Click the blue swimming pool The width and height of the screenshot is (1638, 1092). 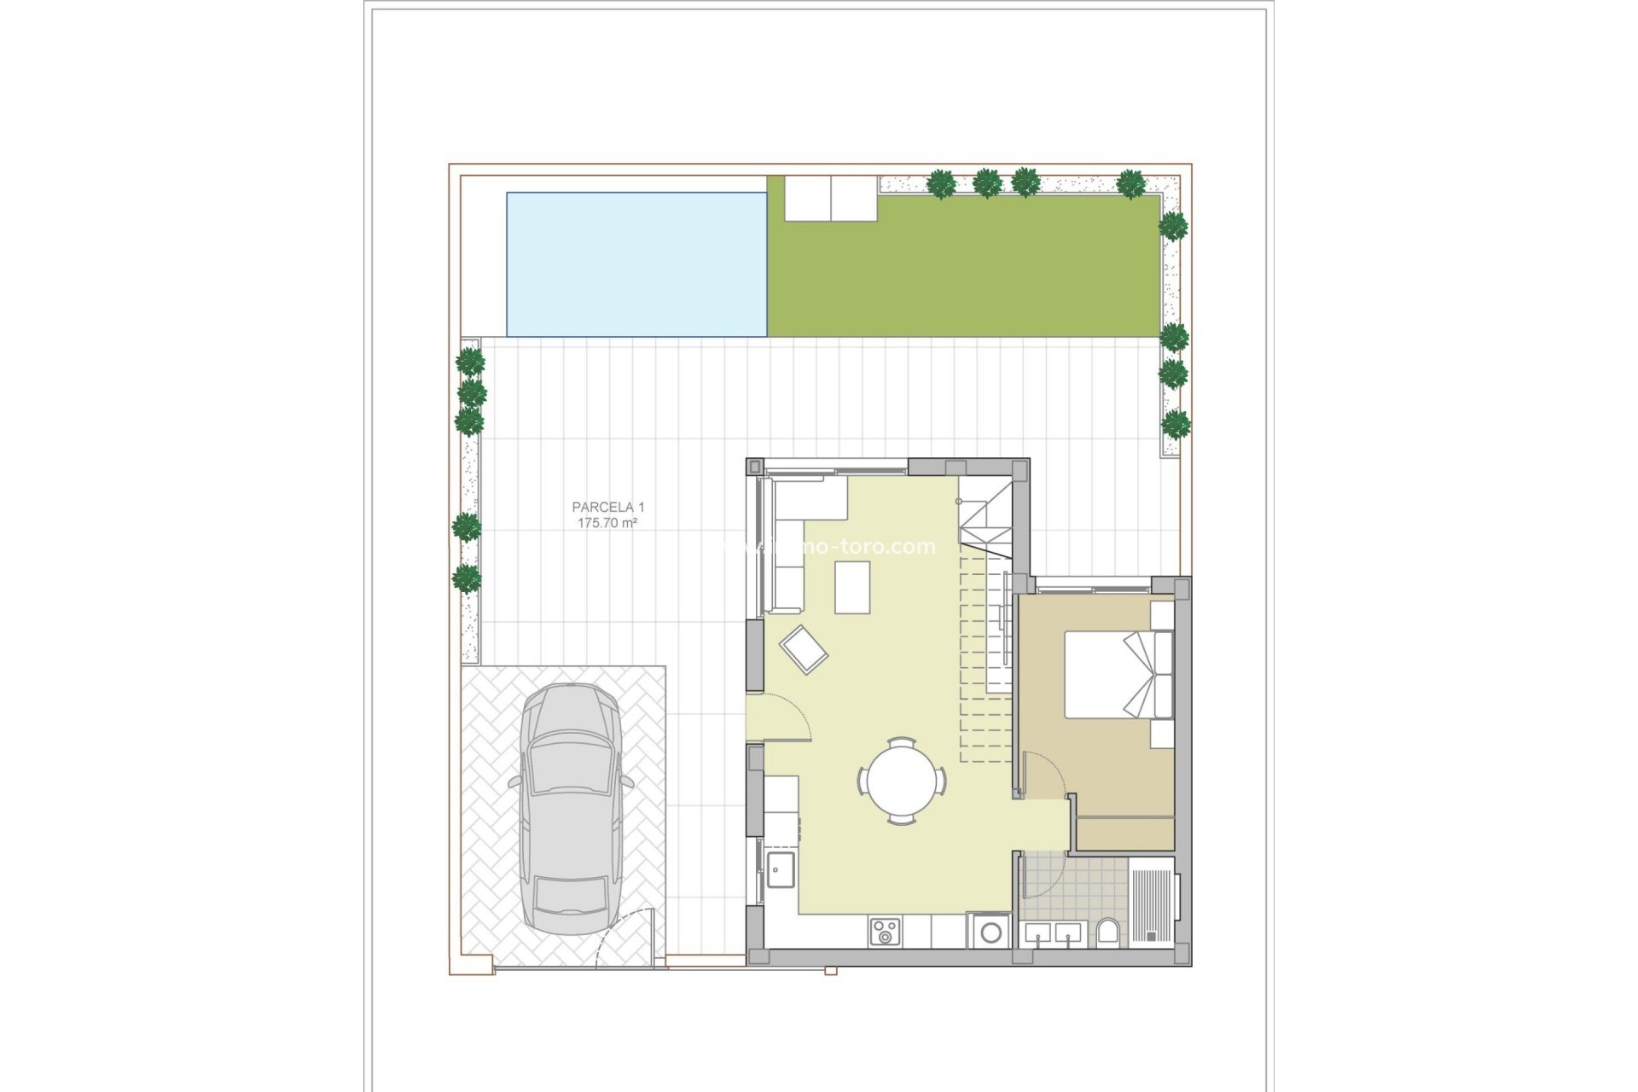[636, 264]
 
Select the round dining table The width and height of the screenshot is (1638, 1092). [902, 781]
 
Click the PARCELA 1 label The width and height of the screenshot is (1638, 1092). [607, 508]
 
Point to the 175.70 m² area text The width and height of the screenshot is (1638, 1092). [607, 523]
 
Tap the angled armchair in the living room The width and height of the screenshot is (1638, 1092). [804, 650]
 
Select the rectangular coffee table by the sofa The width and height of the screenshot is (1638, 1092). [852, 588]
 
